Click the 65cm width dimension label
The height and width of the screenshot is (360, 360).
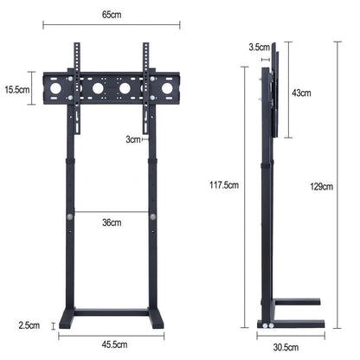click(111, 16)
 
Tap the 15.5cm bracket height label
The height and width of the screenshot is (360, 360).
click(16, 88)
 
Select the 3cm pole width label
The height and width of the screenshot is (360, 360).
click(132, 138)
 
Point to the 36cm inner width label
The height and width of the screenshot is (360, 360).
click(111, 222)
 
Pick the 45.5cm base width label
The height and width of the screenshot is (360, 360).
click(111, 344)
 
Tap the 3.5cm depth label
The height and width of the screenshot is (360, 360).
click(257, 47)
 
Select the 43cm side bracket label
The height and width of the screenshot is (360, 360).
click(301, 92)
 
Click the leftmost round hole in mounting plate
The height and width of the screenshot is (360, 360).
click(56, 88)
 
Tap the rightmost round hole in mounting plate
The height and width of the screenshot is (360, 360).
click(166, 88)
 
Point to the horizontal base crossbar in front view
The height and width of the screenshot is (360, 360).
click(111, 312)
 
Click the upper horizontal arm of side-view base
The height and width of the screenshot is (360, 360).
click(297, 302)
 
